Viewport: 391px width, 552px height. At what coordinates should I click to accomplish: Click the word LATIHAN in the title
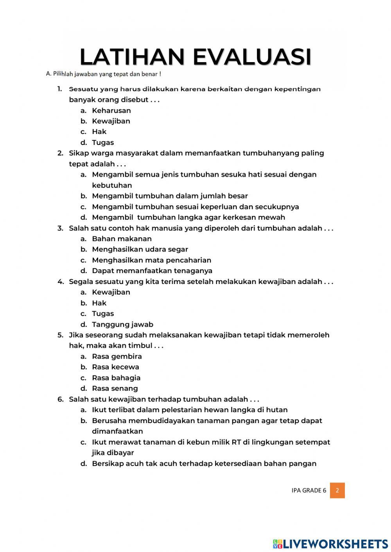point(132,57)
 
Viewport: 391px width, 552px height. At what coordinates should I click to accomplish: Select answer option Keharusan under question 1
point(111,111)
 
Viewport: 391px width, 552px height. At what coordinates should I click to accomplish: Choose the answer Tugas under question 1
point(103,143)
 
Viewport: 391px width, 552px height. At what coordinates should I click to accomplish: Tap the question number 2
point(60,153)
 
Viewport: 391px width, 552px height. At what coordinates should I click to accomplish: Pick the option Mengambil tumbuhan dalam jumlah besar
point(170,196)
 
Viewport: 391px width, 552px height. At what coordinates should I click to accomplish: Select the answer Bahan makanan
point(122,239)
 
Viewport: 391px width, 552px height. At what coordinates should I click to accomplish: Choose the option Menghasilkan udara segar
point(140,249)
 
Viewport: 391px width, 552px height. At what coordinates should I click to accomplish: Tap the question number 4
point(60,282)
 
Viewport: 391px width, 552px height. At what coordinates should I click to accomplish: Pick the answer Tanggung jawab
point(122,324)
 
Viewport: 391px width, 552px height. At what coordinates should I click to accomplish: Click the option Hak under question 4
point(99,303)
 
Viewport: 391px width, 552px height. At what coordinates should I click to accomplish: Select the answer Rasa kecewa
point(115,367)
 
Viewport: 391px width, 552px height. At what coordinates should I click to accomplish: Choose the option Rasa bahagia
point(116,378)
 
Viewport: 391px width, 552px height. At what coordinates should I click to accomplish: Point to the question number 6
point(60,399)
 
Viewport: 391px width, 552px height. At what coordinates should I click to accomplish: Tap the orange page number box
point(337,490)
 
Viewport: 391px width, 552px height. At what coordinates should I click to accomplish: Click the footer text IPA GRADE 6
point(308,490)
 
